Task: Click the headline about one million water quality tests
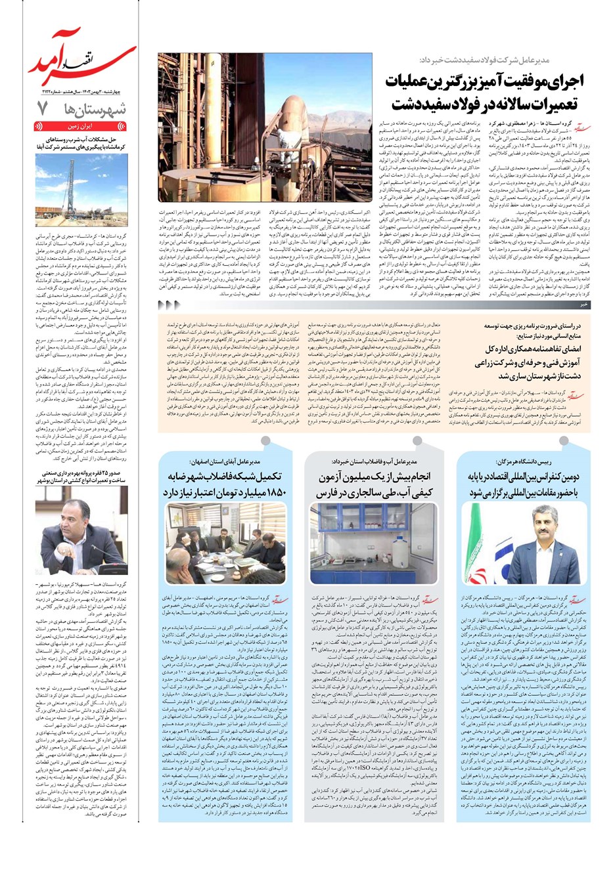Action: point(374,484)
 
